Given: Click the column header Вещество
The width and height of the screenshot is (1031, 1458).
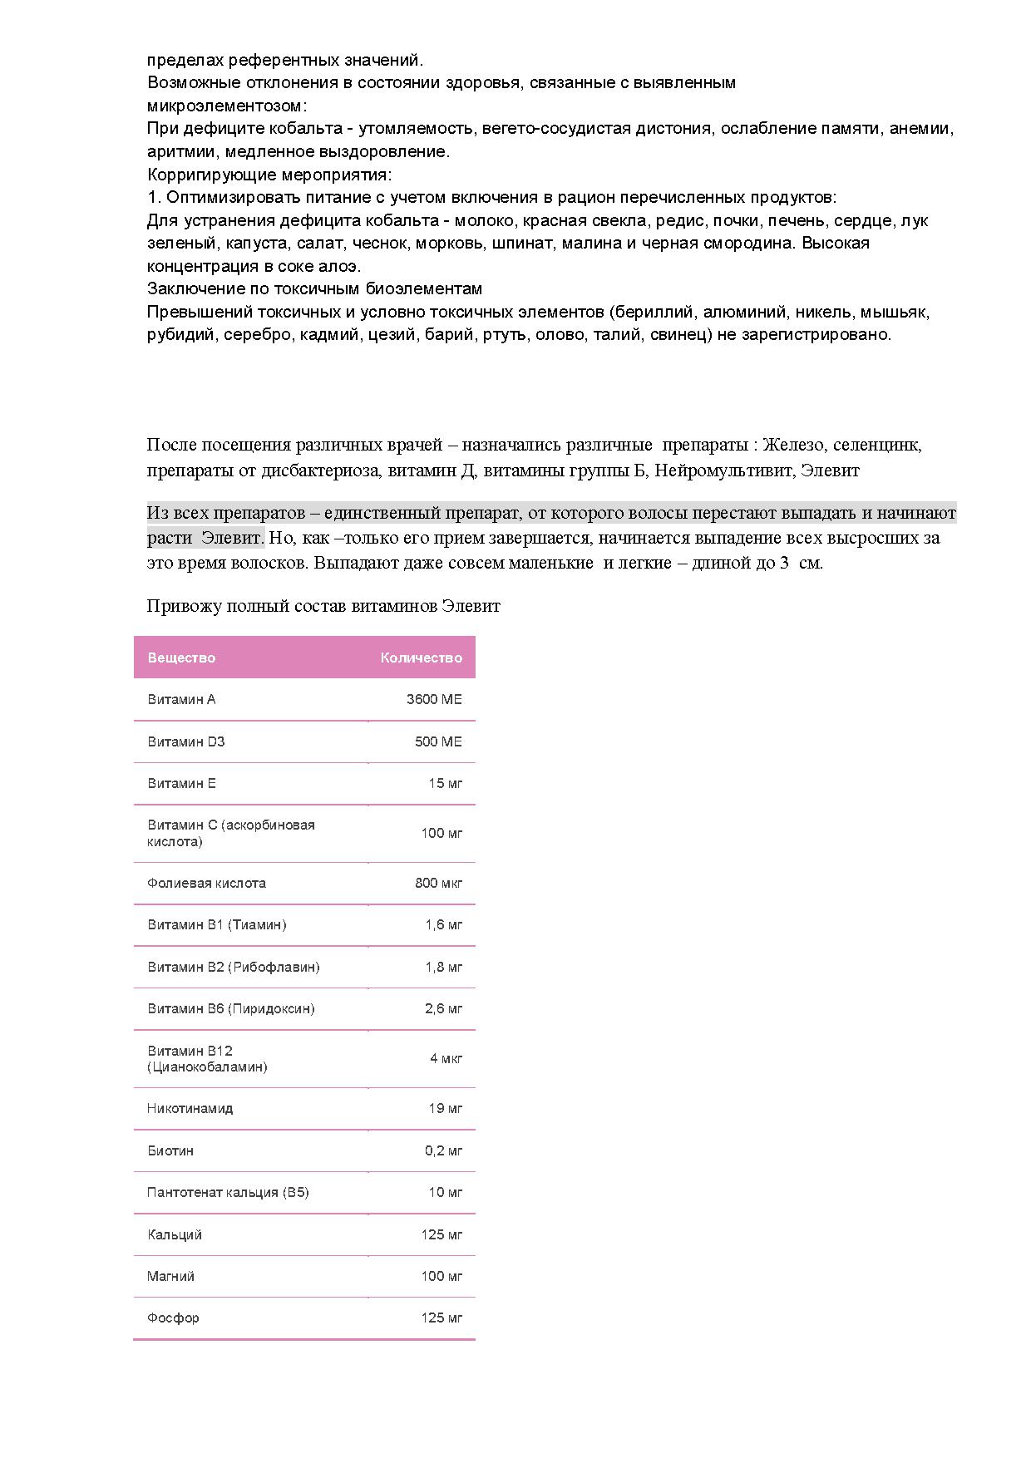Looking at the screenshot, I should point(181,658).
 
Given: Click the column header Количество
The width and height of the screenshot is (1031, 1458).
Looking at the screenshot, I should point(421,658).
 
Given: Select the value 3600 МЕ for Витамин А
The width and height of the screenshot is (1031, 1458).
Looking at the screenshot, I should point(433,699).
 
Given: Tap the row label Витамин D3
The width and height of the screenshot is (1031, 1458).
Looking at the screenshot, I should point(186,741).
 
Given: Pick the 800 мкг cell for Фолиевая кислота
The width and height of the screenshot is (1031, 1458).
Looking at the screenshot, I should point(438,883).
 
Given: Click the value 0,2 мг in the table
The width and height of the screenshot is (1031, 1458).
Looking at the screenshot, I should point(443,1150).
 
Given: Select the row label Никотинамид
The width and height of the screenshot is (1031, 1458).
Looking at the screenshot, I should point(190,1108).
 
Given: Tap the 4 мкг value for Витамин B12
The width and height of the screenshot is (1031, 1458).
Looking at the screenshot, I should point(446,1058).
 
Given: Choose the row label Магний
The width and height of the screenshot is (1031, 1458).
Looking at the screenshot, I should point(170,1276).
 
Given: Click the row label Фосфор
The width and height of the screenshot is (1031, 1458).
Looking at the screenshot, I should point(173,1318).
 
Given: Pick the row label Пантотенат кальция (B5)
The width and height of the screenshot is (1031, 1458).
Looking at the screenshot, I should point(228,1192).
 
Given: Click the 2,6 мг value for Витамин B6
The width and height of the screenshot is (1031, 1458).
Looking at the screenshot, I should point(443,1008).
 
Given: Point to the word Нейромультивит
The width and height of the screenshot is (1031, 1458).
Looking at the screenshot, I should point(723,470).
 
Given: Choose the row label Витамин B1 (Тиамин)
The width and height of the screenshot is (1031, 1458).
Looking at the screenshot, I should point(216,924).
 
